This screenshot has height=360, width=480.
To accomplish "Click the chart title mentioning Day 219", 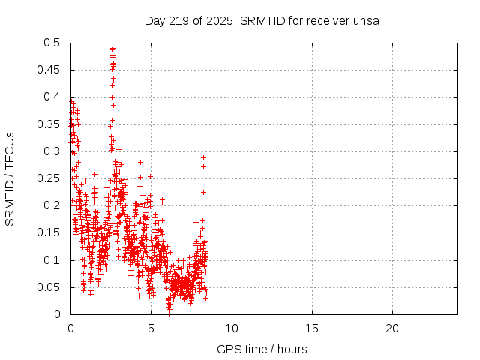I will pos(262,20).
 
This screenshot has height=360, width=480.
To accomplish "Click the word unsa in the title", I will pos(367,20).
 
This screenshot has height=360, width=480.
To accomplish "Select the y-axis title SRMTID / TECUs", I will pos(10,178).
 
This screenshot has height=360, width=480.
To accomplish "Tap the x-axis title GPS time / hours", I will pos(262,349).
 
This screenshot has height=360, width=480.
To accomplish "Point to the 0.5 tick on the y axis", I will pos(53,43).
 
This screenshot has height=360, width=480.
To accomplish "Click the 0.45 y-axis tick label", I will pos(50,70).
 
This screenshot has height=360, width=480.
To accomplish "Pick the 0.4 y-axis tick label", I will pos(53,97).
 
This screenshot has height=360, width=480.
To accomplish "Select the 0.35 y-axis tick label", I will pos(50,124).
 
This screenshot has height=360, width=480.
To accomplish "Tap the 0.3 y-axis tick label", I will pos(53,151).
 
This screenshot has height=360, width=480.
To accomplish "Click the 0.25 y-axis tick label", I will pos(50,178).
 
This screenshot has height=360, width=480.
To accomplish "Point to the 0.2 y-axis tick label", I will pos(53,205).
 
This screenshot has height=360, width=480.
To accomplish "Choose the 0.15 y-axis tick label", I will pos(50,232).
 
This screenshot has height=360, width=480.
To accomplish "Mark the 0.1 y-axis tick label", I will pos(53,260).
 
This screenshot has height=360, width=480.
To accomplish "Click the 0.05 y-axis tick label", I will pos(50,287).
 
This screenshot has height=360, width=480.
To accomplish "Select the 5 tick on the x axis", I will pos(151,328).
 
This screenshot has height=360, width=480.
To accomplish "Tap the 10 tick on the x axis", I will pos(232,328).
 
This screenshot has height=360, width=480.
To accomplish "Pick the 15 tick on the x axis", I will pos(312,328).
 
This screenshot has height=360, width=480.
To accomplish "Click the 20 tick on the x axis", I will pos(392,328).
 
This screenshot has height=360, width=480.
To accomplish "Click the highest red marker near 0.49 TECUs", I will pos(112,49).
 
